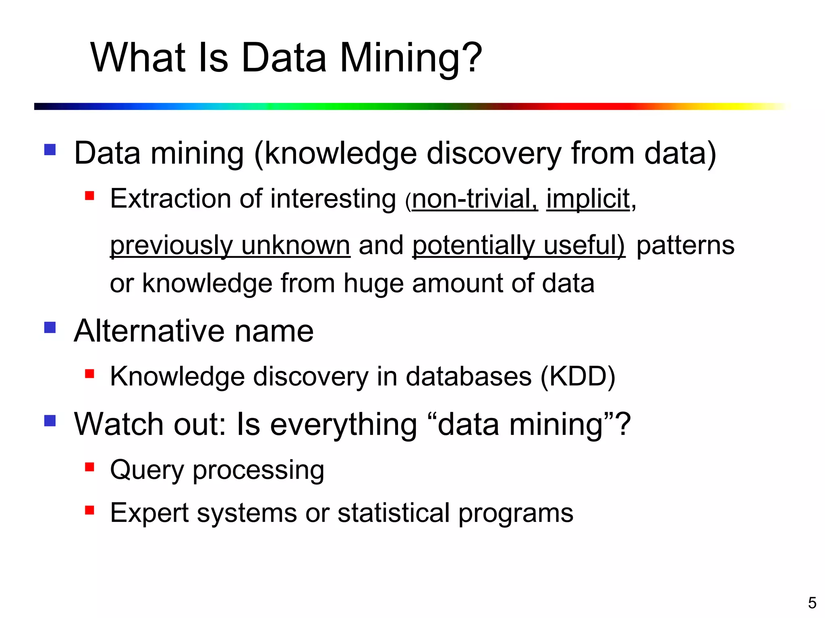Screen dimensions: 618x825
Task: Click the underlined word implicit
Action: (x=588, y=199)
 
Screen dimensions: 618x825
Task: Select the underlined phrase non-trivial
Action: (x=475, y=199)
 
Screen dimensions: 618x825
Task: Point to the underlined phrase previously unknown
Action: (x=230, y=245)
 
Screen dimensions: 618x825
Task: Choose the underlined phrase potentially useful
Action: (x=518, y=245)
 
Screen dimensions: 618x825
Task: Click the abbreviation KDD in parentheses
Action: (x=578, y=377)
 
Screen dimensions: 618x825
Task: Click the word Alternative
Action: (x=149, y=331)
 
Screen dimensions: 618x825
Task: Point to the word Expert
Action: (x=149, y=513)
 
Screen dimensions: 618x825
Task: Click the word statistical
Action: (x=393, y=513)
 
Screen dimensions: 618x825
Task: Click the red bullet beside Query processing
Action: (x=89, y=467)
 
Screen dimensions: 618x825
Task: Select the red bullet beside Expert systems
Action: (x=89, y=510)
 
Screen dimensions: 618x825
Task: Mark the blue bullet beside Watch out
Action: (x=50, y=420)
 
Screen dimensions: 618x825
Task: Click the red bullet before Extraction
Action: (x=89, y=196)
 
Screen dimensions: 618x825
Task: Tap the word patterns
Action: (x=685, y=245)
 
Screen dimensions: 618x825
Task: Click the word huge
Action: (x=373, y=283)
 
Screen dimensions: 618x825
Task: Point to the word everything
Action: (x=343, y=425)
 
